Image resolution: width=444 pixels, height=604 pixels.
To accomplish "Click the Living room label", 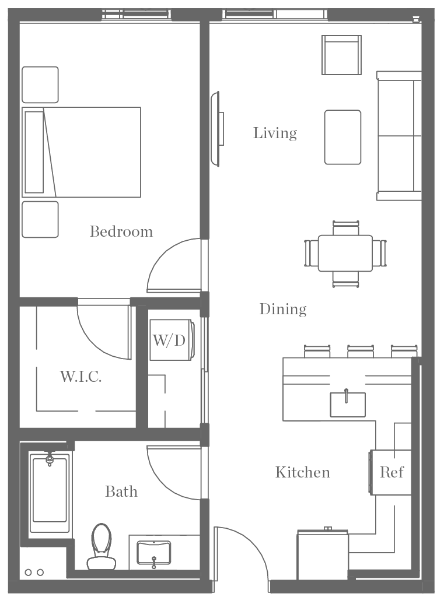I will point(275,133).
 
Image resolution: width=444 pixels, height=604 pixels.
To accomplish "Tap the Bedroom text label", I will point(121,231).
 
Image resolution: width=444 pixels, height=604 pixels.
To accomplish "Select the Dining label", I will point(283,309).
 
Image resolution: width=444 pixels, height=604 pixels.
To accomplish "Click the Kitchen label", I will point(302,472).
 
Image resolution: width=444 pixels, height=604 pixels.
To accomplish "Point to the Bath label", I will point(121,491).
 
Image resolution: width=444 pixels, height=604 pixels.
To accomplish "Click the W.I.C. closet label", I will point(81,377).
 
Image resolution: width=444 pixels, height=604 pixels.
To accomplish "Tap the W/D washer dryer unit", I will point(169,340).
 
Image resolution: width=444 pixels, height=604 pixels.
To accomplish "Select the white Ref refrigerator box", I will point(391,472).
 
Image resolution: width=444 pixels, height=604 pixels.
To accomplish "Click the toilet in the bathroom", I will point(101,546).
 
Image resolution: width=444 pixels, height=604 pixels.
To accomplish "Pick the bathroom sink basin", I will point(154,552).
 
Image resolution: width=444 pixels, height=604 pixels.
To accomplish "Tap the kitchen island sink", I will point(348,404).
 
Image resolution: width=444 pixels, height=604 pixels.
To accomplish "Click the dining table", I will point(345,253).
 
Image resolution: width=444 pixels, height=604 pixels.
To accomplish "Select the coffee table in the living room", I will point(342,137).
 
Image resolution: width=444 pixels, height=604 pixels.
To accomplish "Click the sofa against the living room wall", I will point(400,136).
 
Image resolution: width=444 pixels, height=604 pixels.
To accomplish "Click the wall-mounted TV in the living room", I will point(217,128).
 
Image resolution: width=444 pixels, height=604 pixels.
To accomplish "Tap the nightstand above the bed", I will point(40,85).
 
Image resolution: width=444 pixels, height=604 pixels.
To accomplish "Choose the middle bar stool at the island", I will point(361,351).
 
